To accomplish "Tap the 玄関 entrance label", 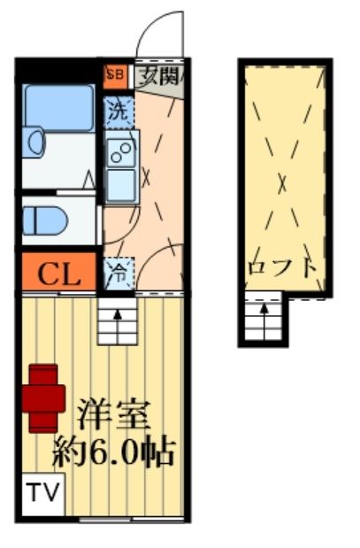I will [x=160, y=76].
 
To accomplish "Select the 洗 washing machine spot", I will [x=117, y=112].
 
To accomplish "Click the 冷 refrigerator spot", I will [x=117, y=271].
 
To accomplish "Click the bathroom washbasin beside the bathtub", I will [x=33, y=143].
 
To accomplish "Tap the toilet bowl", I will [x=46, y=220].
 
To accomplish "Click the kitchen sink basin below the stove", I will [x=120, y=183].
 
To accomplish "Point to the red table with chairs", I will [x=44, y=397].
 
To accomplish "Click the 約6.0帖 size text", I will [x=112, y=453].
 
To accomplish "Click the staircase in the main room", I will [x=116, y=320].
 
